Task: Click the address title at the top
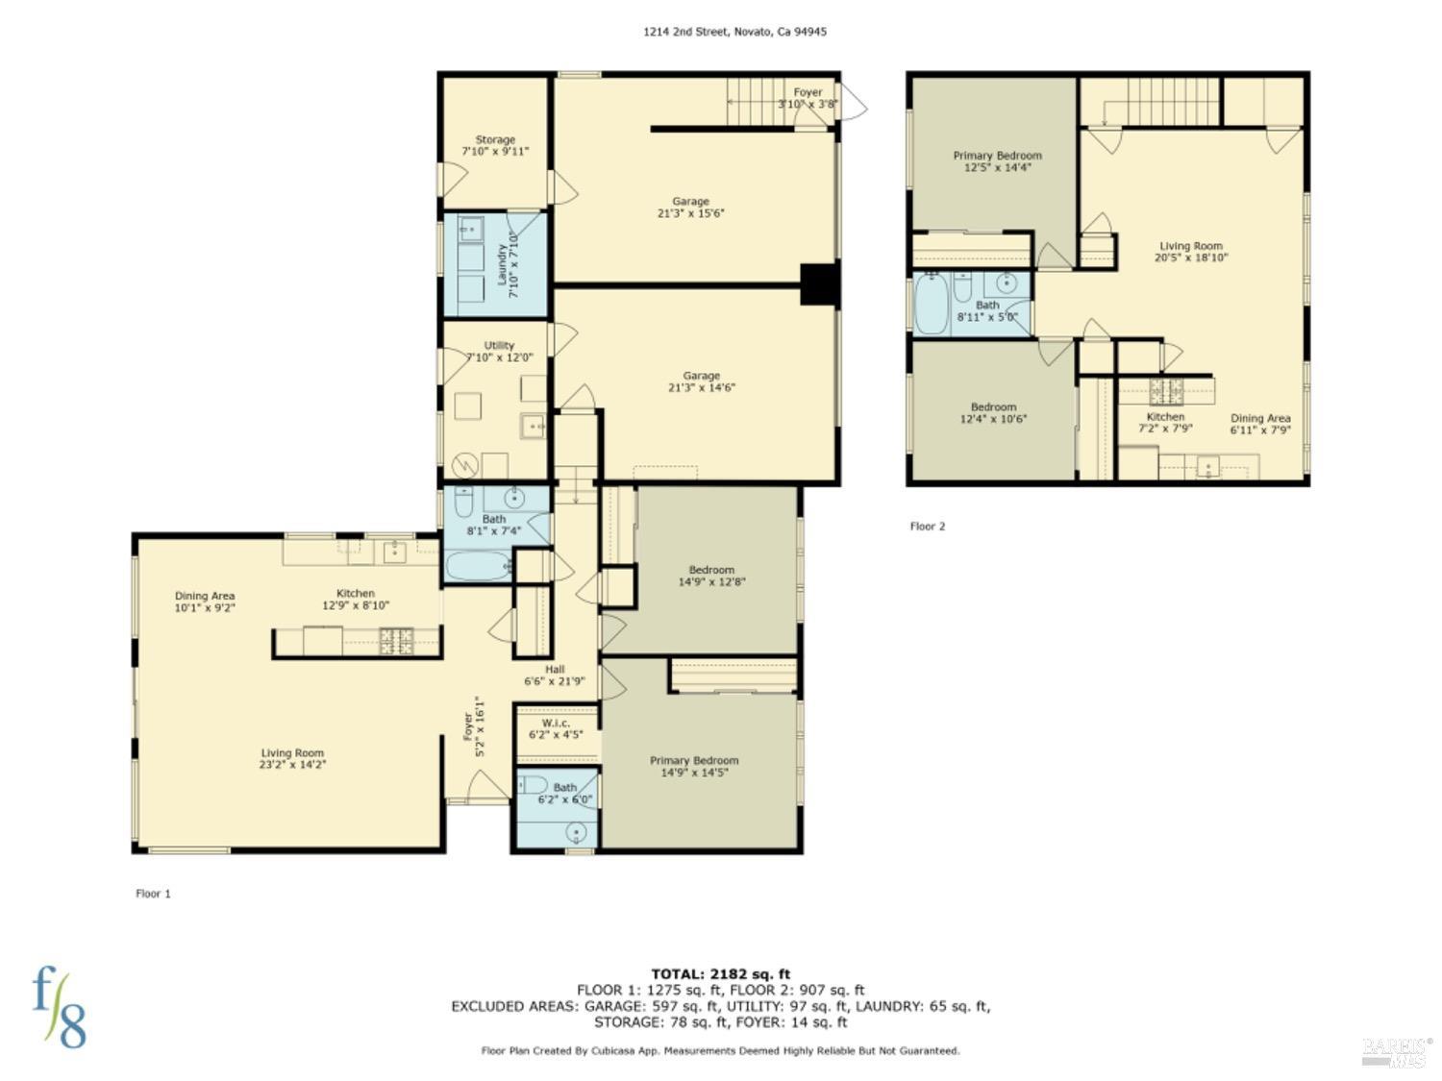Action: [734, 32]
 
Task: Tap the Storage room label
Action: [495, 146]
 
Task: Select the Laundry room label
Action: [507, 265]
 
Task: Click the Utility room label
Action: [499, 352]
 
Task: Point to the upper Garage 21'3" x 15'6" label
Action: [690, 208]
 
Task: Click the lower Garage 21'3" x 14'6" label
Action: [701, 381]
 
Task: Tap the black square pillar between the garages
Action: [820, 284]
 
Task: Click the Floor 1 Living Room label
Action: [292, 759]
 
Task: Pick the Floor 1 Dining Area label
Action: [205, 602]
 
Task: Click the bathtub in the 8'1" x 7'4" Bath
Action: [479, 566]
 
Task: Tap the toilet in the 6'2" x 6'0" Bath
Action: [534, 784]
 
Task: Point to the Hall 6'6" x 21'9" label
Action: [555, 676]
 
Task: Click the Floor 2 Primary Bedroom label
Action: [997, 161]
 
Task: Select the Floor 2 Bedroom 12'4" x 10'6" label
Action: [993, 413]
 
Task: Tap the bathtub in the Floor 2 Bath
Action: [932, 306]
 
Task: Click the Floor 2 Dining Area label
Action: [1260, 424]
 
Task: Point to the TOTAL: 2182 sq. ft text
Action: [720, 974]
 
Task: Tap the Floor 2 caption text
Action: [928, 527]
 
